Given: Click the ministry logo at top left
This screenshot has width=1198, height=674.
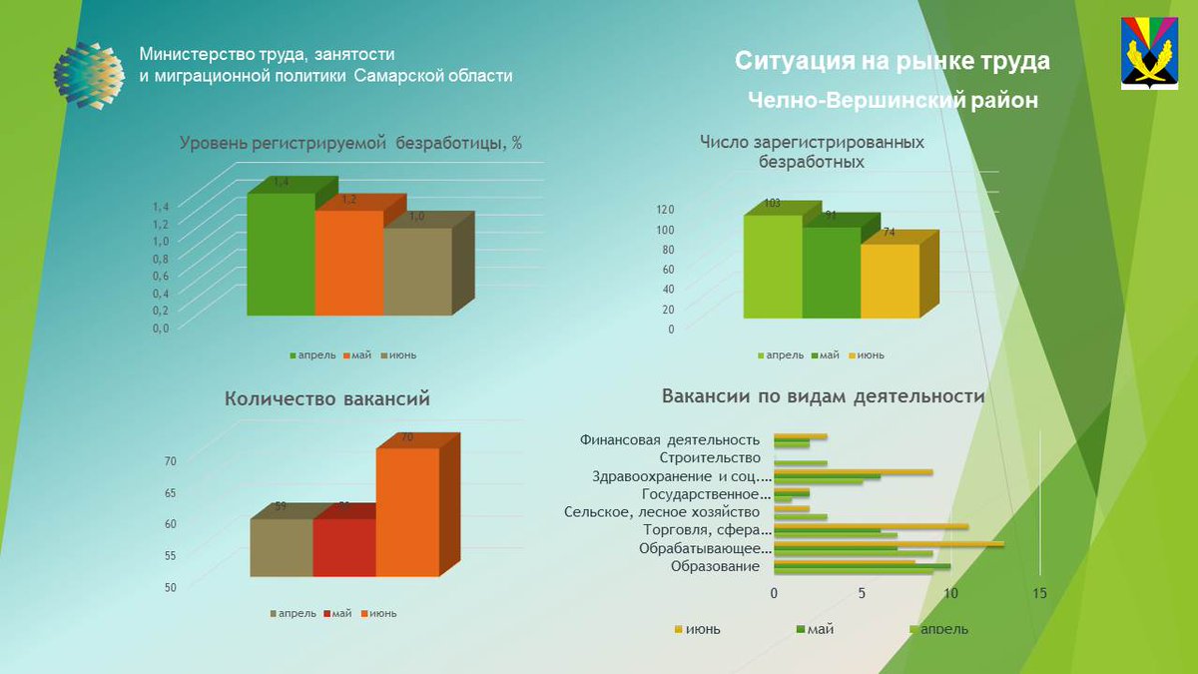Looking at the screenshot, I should pos(89,76).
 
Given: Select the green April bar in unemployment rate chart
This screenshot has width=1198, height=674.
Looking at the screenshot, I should pos(281,255).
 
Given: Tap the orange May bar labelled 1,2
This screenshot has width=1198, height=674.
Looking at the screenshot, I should pos(348,263).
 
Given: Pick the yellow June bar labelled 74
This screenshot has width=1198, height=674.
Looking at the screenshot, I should pos(889,281).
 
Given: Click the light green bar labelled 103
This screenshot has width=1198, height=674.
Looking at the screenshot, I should pos(772,267).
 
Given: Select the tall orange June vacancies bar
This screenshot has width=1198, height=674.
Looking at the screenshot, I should pos(406,511).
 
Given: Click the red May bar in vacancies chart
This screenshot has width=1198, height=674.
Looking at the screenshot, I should pos(343,546).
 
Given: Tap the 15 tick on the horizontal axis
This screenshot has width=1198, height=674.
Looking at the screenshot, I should pos(1039,593).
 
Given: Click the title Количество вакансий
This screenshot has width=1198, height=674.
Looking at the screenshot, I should pos(326,398).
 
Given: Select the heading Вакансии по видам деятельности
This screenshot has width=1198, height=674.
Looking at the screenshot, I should pos(823,396).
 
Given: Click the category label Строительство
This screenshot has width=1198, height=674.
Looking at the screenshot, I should pos(715,457).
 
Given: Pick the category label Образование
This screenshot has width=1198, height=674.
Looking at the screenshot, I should pos(715,566).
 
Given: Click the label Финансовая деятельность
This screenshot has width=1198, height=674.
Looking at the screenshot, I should pos(669,439).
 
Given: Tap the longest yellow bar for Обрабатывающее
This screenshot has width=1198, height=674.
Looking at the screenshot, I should pos(889,543).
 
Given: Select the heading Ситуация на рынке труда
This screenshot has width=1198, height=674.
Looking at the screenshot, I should pos(892,62).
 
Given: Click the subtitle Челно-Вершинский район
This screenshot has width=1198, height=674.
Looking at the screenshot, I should pos(892,100).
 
